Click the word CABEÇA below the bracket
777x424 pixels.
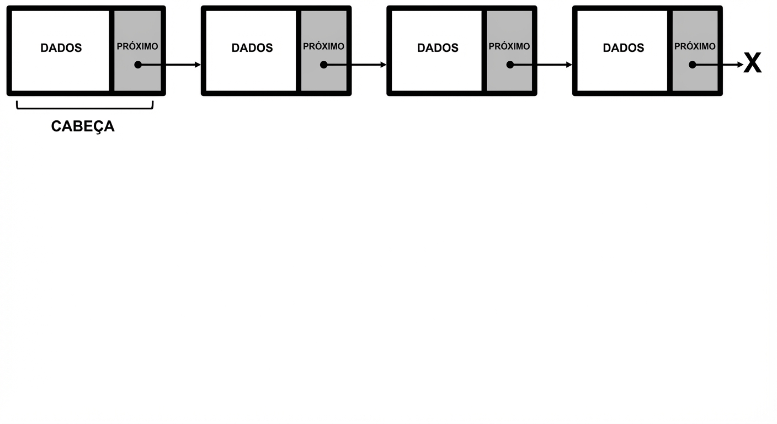pyautogui.click(x=83, y=126)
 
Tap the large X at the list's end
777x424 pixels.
pyautogui.click(x=752, y=63)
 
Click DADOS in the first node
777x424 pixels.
pyautogui.click(x=61, y=48)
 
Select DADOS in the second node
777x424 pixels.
pyautogui.click(x=252, y=48)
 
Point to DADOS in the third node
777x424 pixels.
pyautogui.click(x=438, y=48)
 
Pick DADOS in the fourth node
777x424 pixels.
pyautogui.click(x=624, y=48)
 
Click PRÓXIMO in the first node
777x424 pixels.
pyautogui.click(x=137, y=46)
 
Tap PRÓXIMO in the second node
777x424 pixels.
pyautogui.click(x=323, y=46)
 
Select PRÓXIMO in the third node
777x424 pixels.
pyautogui.click(x=509, y=46)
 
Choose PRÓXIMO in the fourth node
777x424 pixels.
pyautogui.click(x=695, y=46)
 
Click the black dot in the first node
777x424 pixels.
pyautogui.click(x=138, y=65)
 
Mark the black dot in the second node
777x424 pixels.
pyautogui.click(x=323, y=65)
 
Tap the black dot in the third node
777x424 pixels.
pyautogui.click(x=510, y=65)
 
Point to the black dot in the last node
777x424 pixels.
pyautogui.click(x=693, y=65)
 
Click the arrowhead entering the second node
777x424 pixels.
pyautogui.click(x=198, y=65)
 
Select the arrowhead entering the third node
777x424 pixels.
pyautogui.click(x=384, y=65)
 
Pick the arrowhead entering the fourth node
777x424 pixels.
pyautogui.click(x=569, y=65)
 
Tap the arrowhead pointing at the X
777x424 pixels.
pyautogui.click(x=740, y=65)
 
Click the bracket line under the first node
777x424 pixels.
pyautogui.click(x=85, y=108)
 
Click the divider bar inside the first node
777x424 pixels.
pyautogui.click(x=111, y=51)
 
